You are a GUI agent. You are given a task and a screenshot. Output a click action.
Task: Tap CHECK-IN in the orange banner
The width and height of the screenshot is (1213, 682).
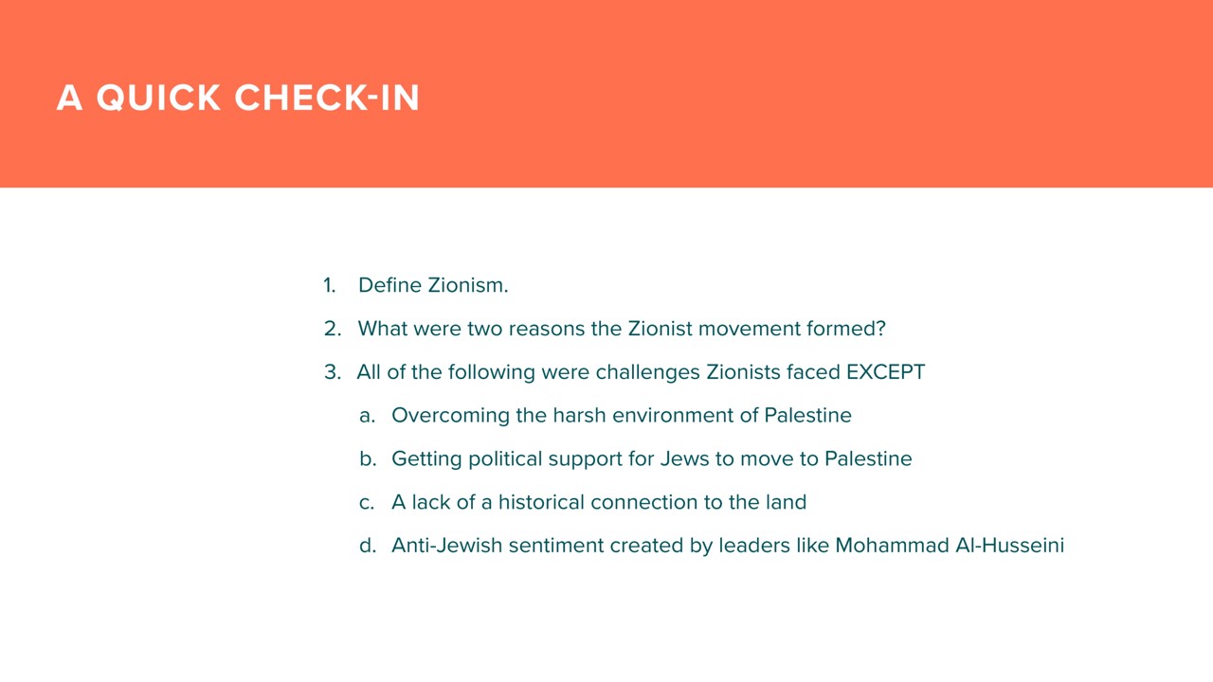(327, 98)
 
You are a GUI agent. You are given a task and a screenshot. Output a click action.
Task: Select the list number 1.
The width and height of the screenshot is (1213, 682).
(329, 285)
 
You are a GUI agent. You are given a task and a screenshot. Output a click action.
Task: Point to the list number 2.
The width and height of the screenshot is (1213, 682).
(333, 329)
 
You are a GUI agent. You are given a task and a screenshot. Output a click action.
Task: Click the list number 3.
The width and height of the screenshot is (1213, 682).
(333, 372)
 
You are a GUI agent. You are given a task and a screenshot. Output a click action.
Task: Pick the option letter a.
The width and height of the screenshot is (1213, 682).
(367, 416)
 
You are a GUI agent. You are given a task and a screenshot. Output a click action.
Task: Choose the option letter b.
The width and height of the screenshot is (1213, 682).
(368, 458)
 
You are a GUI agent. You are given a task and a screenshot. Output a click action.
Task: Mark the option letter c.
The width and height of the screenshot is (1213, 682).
(367, 502)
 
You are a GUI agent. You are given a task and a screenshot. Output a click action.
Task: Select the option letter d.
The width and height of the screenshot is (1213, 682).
(368, 545)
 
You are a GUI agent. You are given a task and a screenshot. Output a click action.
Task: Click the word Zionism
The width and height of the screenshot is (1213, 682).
(468, 285)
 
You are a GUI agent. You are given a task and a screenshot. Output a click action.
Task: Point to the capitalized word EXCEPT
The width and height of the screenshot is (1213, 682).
(885, 372)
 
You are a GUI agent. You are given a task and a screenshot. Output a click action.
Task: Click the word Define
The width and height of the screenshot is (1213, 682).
(389, 285)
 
